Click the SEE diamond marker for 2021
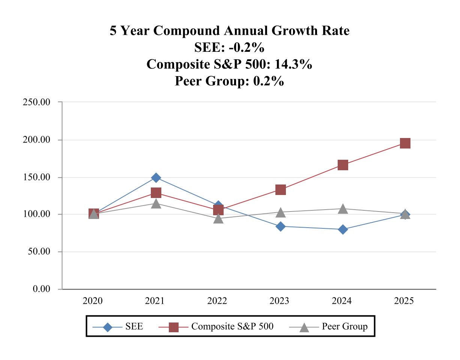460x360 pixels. (x=156, y=177)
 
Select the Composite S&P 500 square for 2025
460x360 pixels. (x=405, y=143)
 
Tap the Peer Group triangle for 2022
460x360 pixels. (x=218, y=218)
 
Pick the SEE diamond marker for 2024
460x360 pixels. (x=343, y=229)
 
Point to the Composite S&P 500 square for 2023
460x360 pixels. (x=281, y=190)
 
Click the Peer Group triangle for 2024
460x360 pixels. (x=343, y=209)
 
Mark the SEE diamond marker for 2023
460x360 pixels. (x=281, y=226)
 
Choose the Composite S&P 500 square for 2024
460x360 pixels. (x=343, y=165)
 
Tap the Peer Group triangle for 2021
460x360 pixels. (x=156, y=204)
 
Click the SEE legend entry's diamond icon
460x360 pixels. (x=108, y=327)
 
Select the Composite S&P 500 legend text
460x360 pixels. (x=232, y=327)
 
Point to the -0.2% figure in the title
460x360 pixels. (x=247, y=48)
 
